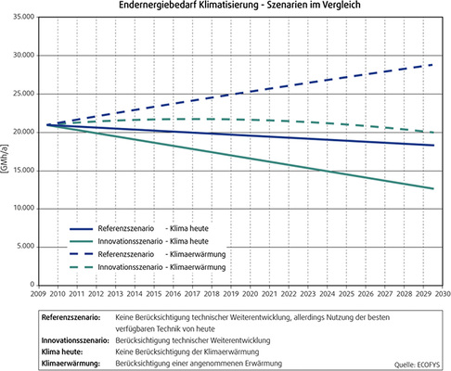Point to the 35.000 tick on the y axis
[x=22, y=16]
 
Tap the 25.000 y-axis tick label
[x=22, y=93]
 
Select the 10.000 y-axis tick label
[x=22, y=209]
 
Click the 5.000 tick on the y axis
[x=24, y=247]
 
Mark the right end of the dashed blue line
[x=432, y=64]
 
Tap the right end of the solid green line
[x=432, y=188]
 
